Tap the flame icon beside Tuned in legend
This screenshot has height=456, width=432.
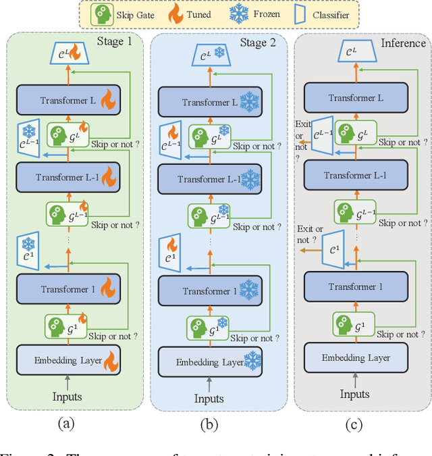175,15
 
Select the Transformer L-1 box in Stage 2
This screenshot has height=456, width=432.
209,179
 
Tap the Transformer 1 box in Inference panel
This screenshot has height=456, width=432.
356,286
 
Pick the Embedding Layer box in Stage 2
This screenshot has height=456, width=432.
210,362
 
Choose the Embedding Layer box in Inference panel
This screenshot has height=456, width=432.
356,357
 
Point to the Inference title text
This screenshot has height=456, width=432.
403,43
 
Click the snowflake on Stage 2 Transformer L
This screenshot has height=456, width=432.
250,102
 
